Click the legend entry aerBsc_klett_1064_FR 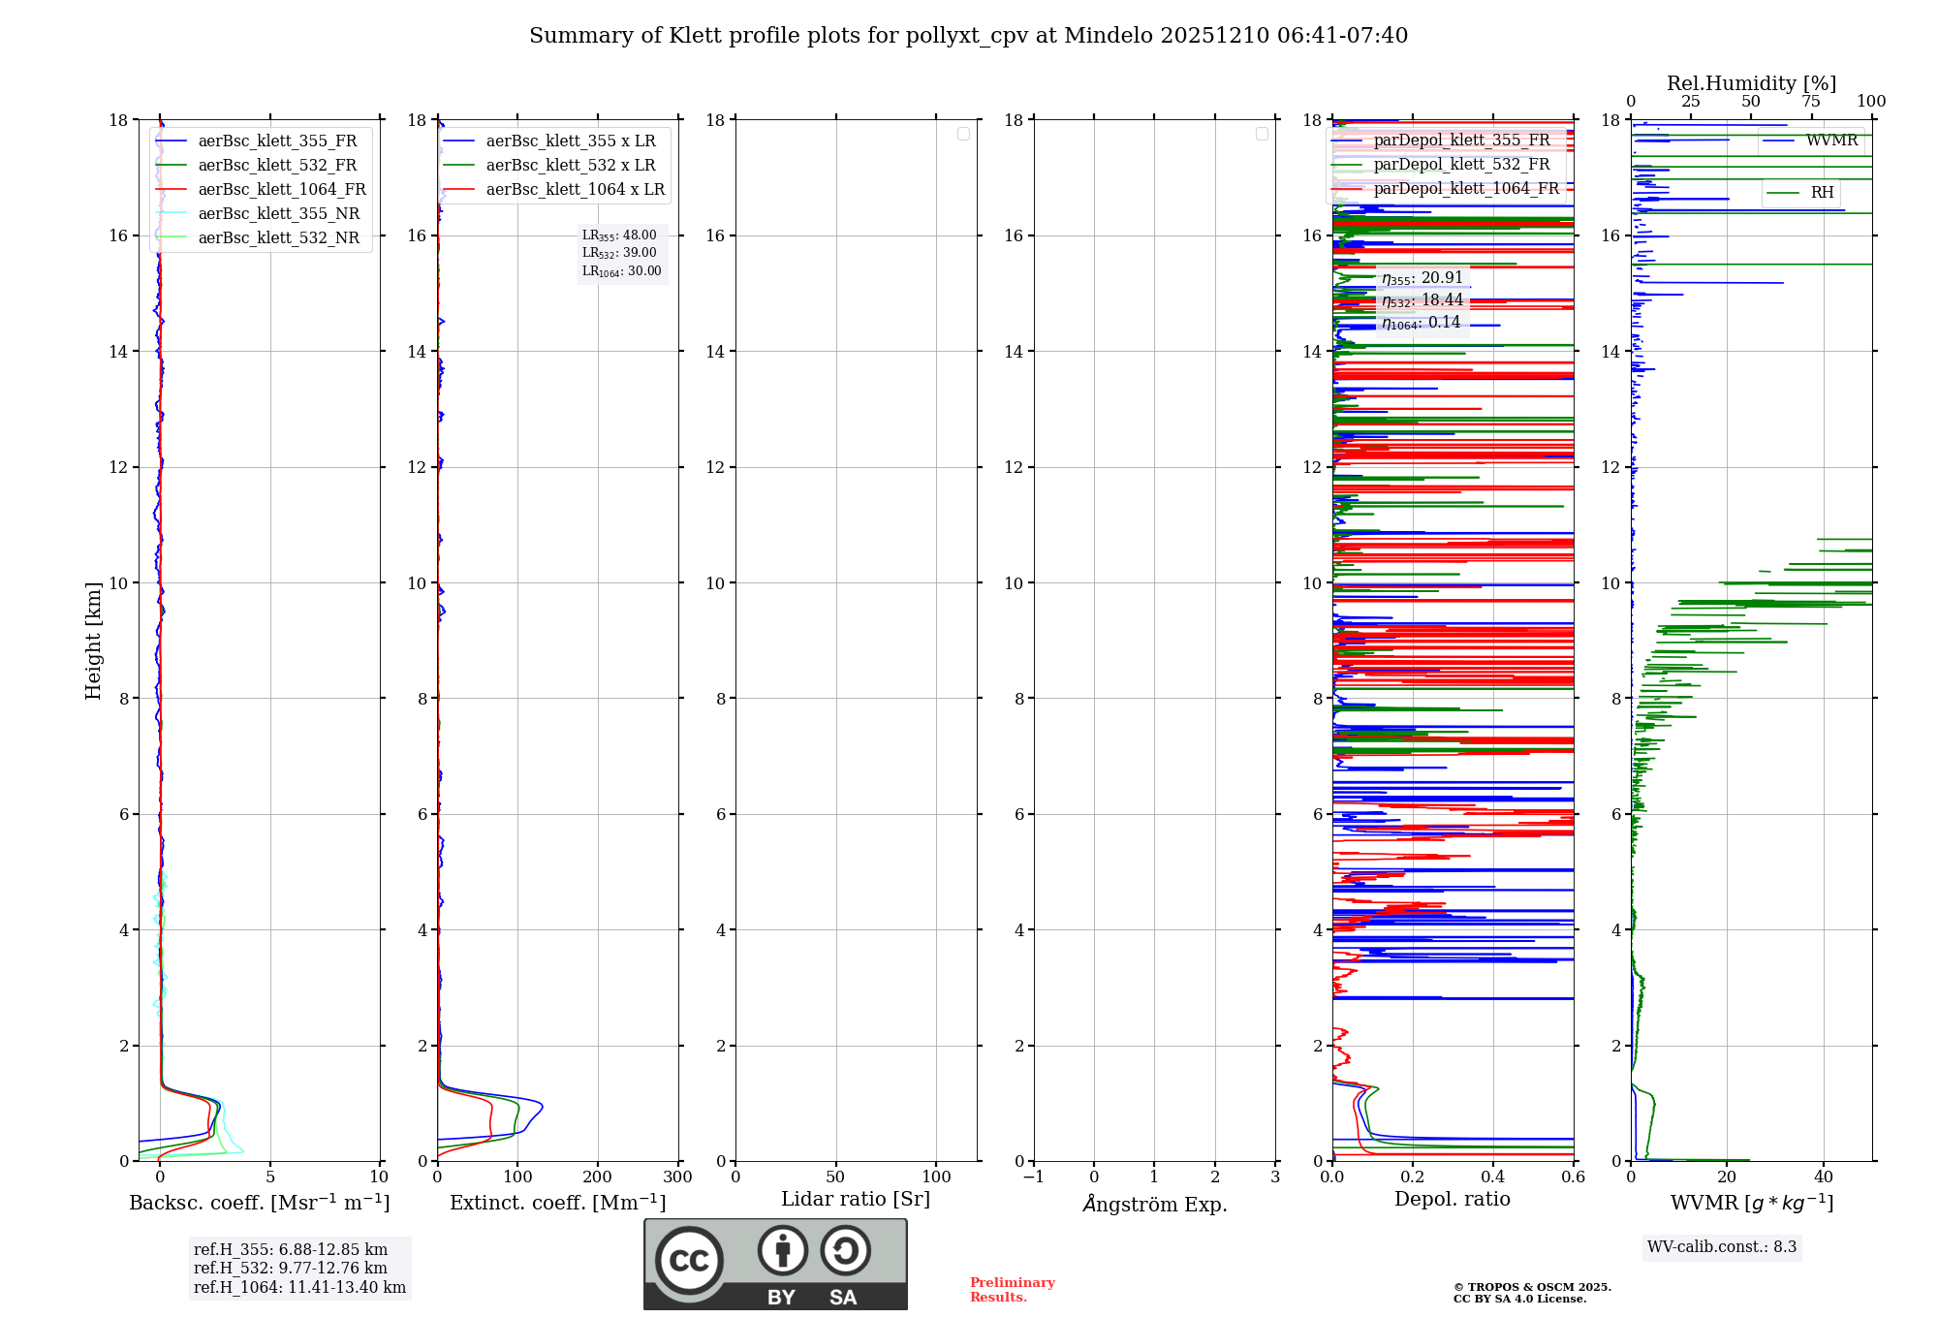tap(282, 190)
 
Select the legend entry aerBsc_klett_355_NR tap(279, 214)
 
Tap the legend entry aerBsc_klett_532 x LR tap(571, 166)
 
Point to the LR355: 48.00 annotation tap(619, 235)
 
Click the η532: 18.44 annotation tap(1422, 300)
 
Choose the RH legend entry tap(1822, 193)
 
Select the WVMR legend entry tap(1831, 141)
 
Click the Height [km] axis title tap(93, 641)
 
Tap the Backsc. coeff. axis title tap(260, 1203)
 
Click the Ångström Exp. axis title tap(1155, 1204)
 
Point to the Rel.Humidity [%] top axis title tap(1751, 83)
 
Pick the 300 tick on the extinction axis tap(678, 1177)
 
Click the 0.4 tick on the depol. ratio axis tap(1493, 1177)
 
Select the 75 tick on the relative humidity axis tap(1811, 102)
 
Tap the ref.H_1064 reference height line tap(299, 1288)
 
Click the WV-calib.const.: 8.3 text tap(1722, 1247)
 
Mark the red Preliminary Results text tap(1012, 1290)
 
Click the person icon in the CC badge tap(782, 1250)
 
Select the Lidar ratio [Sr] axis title tap(856, 1200)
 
